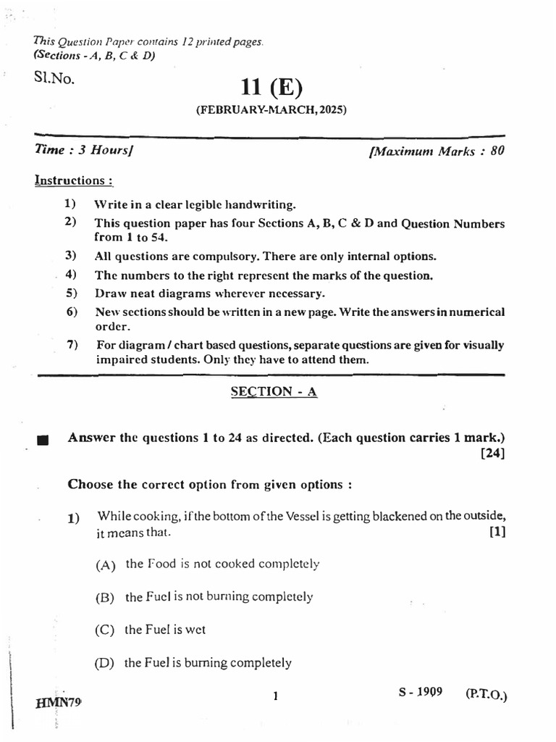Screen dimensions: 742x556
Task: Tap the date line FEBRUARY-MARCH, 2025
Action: [271, 111]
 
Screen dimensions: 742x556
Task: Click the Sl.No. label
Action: [53, 75]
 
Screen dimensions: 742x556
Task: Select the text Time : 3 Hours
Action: [85, 151]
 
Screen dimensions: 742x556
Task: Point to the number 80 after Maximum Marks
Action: [497, 151]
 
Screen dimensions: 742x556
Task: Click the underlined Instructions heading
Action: [73, 180]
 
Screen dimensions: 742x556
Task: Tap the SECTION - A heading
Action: [274, 391]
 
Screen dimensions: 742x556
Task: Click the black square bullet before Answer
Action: [41, 440]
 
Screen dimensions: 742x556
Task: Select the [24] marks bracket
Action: [492, 454]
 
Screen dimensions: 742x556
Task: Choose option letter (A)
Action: [106, 565]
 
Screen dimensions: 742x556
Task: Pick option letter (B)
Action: [106, 598]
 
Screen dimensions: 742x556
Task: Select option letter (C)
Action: [106, 630]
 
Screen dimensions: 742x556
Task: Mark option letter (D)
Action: [106, 663]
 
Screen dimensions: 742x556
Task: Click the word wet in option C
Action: [195, 630]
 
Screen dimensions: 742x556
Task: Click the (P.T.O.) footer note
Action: [486, 694]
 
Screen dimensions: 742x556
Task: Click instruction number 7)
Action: [72, 344]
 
